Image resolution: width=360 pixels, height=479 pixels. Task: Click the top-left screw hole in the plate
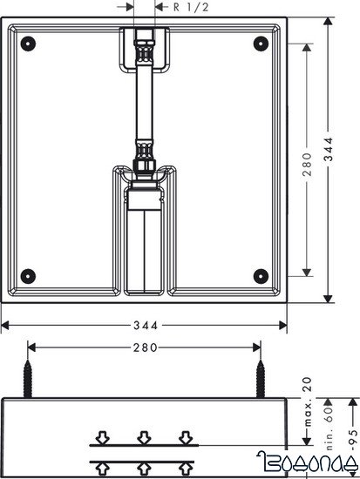(30, 42)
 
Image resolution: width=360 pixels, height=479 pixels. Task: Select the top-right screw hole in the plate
(259, 42)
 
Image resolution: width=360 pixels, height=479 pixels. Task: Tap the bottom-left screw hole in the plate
(30, 276)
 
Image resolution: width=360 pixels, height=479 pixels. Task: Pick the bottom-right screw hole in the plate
(259, 276)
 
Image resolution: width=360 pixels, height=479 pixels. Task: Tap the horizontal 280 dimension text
(145, 347)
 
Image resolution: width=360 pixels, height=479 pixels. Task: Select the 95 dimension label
(352, 435)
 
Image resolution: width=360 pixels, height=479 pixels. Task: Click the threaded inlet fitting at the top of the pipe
(145, 44)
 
